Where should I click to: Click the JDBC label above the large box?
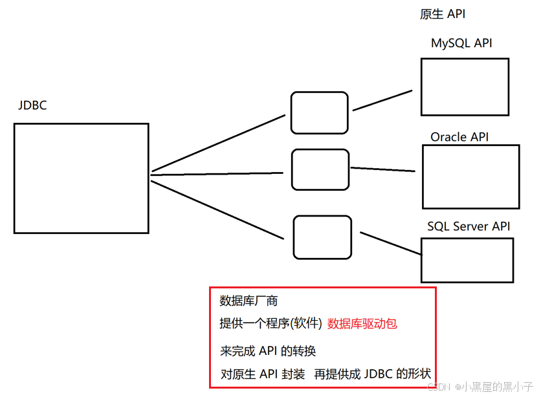click(x=32, y=105)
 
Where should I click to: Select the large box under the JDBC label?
click(x=82, y=178)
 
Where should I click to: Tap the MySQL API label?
click(x=461, y=43)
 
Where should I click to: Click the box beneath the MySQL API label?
click(x=465, y=87)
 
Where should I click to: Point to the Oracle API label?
click(x=459, y=137)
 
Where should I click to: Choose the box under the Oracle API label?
click(x=471, y=177)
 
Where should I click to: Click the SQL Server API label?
click(x=469, y=226)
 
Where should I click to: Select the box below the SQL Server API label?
click(x=467, y=261)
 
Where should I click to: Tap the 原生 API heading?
click(x=443, y=14)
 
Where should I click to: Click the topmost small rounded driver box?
click(x=319, y=113)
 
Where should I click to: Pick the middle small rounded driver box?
click(x=320, y=169)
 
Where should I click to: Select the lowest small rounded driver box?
click(x=322, y=237)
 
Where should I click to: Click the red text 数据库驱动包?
click(x=362, y=324)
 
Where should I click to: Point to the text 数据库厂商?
click(x=248, y=301)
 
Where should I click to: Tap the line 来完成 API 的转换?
click(x=268, y=351)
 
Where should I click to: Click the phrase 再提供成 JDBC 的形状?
click(x=373, y=374)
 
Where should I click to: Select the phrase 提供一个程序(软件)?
click(x=270, y=324)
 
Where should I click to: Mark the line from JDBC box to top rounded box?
click(x=218, y=144)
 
